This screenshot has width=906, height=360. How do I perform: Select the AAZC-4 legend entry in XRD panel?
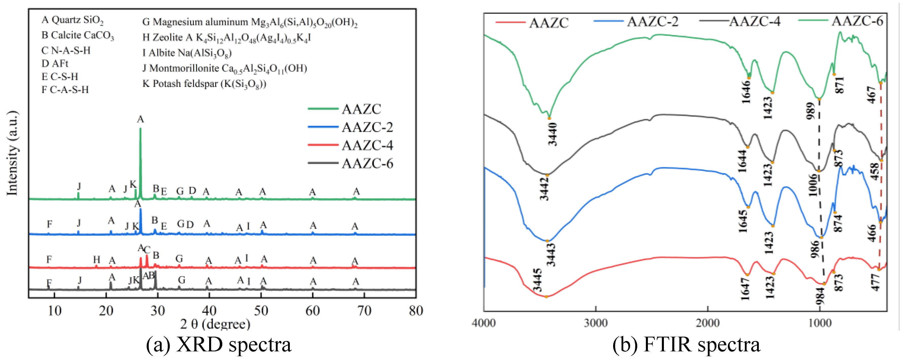tap(367, 145)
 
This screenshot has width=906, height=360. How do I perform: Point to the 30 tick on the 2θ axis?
tap(158, 311)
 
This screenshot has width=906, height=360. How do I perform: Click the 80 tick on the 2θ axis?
tap(416, 311)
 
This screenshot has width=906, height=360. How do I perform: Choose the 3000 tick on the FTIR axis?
tap(596, 323)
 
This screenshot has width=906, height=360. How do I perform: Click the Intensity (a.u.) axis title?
tap(12, 153)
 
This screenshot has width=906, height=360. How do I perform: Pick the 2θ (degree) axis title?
tap(215, 324)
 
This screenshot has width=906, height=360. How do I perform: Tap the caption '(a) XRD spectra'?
tap(219, 345)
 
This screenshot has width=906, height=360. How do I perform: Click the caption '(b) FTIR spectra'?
tap(686, 345)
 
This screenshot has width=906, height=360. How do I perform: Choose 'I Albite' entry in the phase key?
tap(187, 53)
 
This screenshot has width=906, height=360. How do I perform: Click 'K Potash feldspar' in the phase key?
tap(204, 84)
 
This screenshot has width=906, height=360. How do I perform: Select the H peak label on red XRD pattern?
tap(96, 260)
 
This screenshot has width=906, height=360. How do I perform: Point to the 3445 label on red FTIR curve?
tap(537, 280)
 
